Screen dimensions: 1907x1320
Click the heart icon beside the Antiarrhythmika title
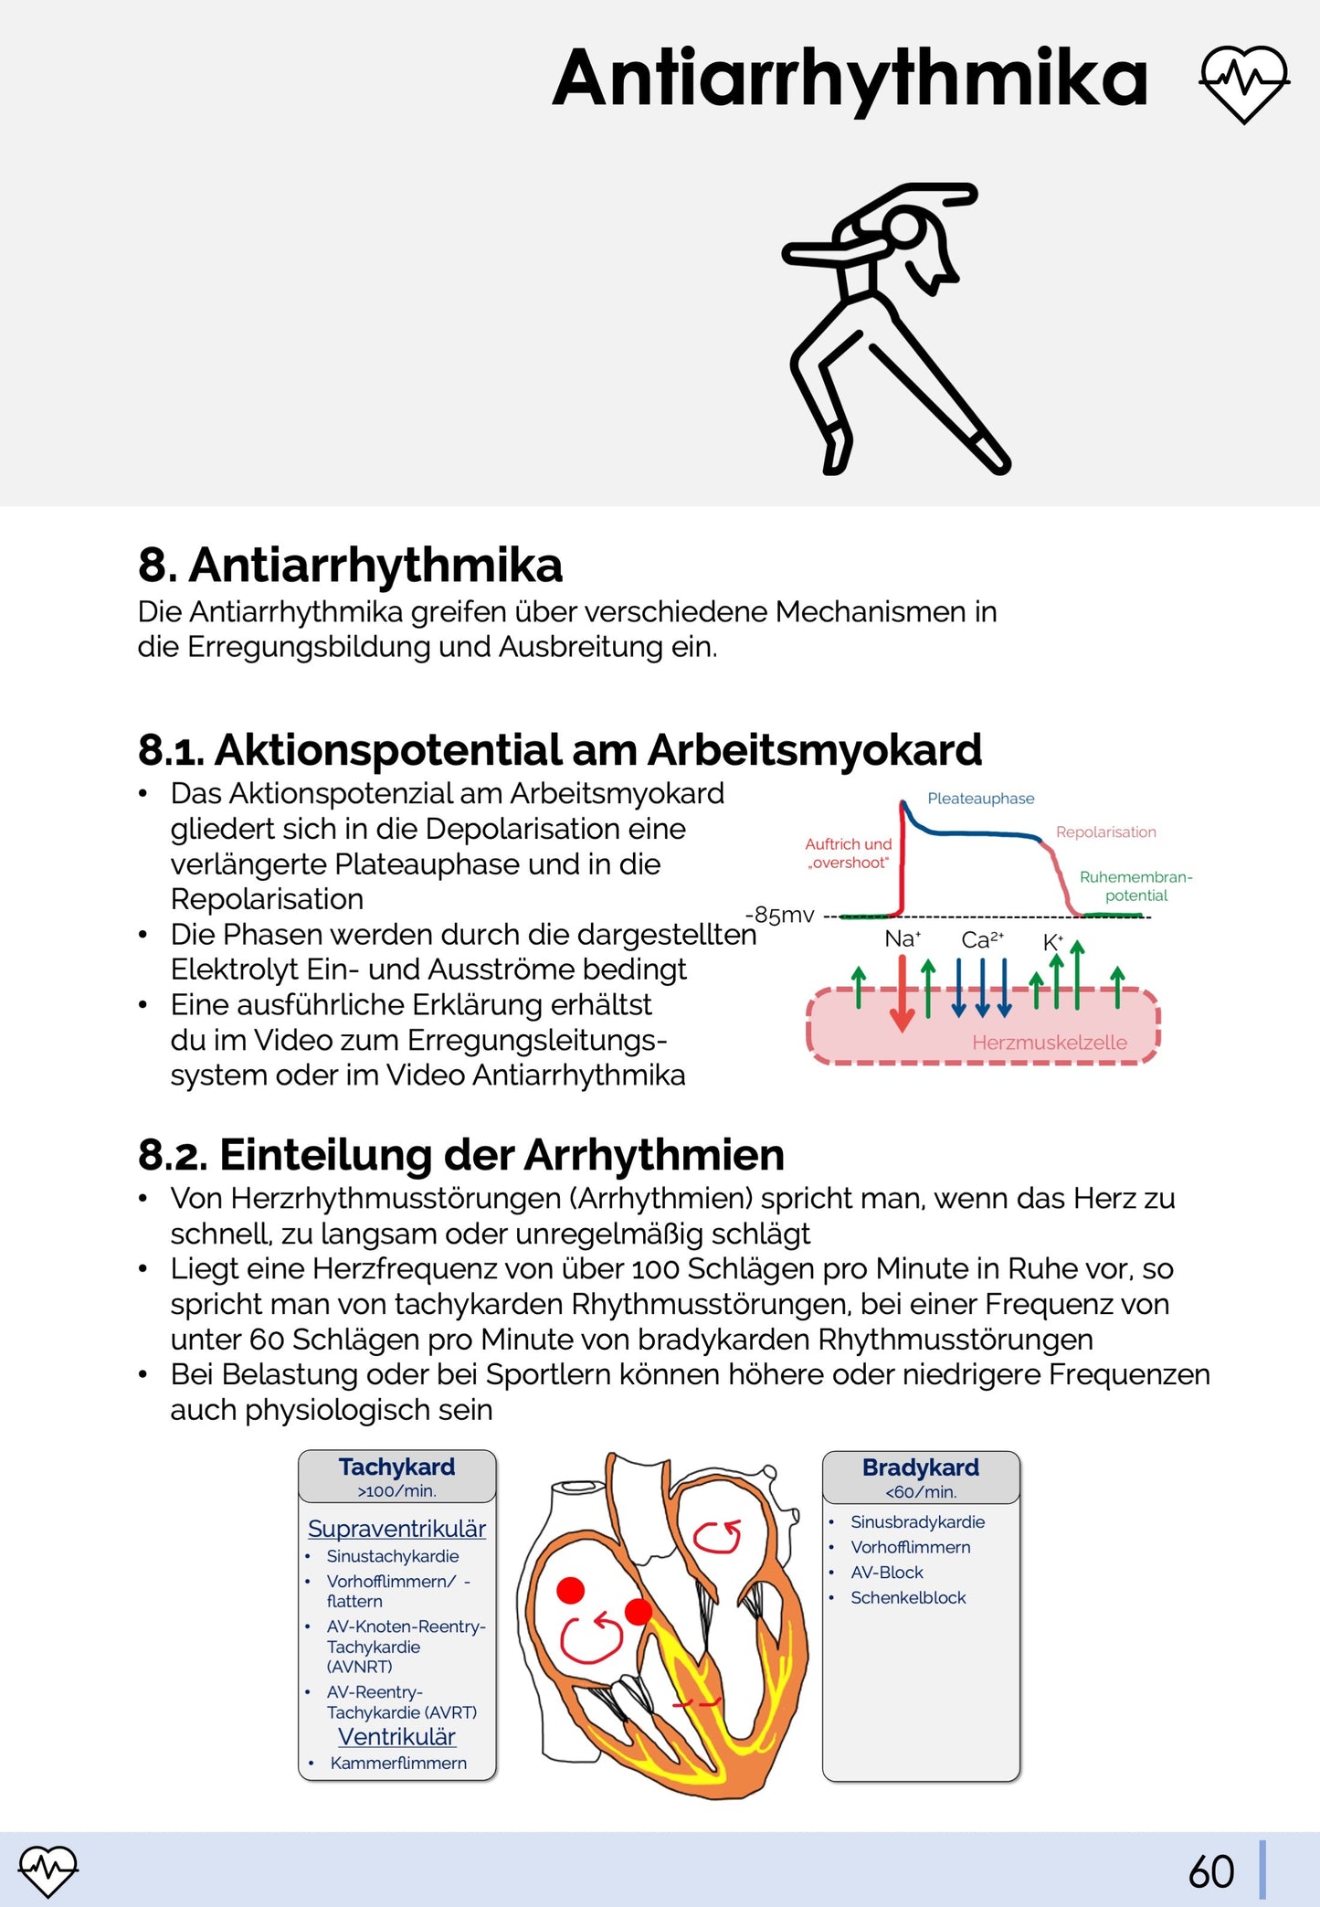1243,83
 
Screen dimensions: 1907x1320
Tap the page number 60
1211,1872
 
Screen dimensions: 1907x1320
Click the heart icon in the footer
48,1870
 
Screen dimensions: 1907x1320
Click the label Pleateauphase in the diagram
980,799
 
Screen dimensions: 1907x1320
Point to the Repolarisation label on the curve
1105,832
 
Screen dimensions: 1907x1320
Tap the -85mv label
779,915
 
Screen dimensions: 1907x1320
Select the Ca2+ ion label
982,940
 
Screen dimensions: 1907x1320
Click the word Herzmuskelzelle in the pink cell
1049,1043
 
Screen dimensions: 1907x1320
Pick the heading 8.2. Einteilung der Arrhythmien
460,1155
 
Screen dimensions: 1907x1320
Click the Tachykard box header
396,1476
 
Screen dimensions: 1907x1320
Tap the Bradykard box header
920,1477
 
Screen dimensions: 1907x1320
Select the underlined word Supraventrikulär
396,1529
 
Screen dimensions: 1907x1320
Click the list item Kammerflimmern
398,1763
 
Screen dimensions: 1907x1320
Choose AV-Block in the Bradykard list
887,1573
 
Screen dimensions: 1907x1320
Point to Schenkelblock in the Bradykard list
908,1597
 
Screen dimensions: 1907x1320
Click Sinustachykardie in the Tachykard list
393,1556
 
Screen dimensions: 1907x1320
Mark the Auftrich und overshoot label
848,853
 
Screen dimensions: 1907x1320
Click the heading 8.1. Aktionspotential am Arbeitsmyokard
559,750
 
